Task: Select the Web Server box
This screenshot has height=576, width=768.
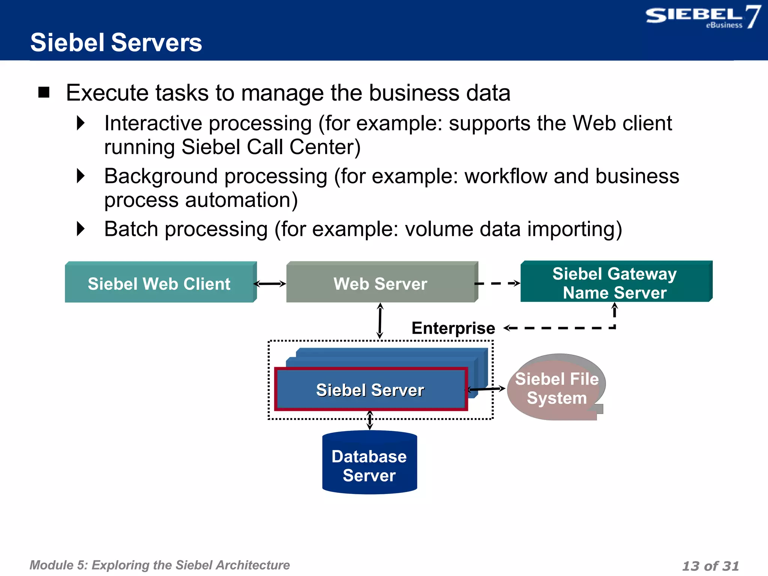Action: (381, 283)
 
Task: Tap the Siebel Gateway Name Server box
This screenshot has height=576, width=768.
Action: (615, 282)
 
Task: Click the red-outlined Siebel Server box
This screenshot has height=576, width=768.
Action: (370, 390)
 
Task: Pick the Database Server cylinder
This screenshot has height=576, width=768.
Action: (369, 465)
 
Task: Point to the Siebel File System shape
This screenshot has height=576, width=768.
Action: (556, 388)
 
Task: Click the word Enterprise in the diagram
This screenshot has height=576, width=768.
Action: (453, 328)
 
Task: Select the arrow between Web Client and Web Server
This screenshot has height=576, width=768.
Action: (270, 284)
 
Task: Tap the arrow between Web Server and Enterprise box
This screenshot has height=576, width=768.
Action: (380, 321)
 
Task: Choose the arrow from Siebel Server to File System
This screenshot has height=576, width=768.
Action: (486, 389)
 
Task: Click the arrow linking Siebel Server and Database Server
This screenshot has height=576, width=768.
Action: (370, 420)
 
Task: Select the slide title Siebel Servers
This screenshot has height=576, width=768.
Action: (116, 42)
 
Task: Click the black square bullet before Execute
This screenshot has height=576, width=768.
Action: (44, 92)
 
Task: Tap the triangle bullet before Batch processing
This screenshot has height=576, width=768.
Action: (81, 229)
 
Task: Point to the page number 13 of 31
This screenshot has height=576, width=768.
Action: (710, 565)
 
